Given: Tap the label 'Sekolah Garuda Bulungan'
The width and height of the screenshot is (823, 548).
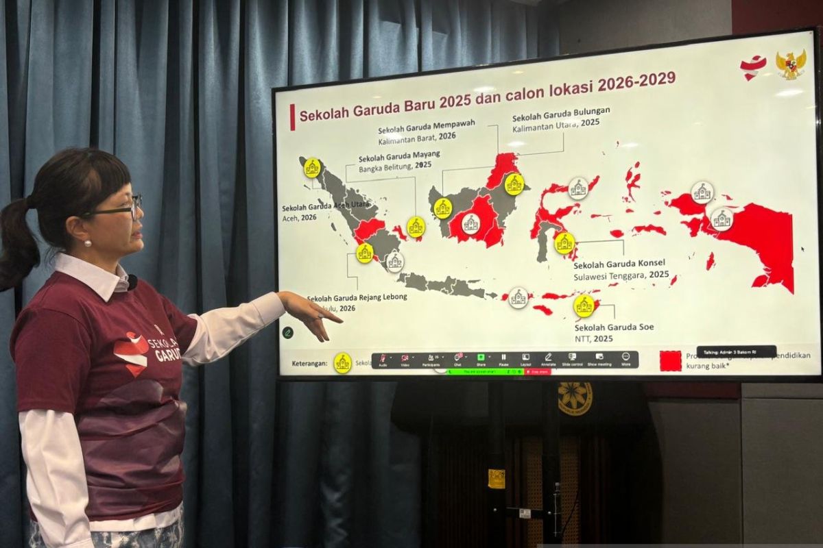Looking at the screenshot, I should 561,112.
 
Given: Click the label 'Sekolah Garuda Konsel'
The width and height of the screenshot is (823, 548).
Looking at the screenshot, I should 619,263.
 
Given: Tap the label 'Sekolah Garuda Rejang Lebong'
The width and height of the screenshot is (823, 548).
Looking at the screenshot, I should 357,297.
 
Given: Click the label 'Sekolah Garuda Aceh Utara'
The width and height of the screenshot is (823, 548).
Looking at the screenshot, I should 326,205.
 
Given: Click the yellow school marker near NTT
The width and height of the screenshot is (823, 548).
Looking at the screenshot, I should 584,306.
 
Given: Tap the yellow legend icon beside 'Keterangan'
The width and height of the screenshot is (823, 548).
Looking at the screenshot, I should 342,363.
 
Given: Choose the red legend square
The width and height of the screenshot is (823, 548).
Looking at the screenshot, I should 670,361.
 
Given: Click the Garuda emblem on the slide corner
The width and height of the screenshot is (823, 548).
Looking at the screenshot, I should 791,65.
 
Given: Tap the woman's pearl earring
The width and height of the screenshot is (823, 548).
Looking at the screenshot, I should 87,242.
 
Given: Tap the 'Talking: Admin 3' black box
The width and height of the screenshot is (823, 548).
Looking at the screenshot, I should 736,352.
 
